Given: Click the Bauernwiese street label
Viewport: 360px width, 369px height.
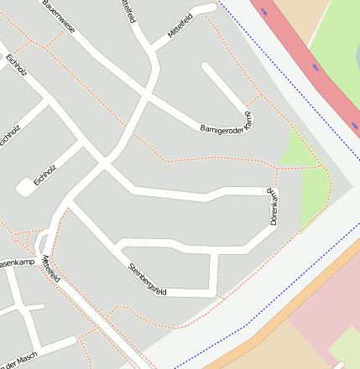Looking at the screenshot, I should click(59, 16).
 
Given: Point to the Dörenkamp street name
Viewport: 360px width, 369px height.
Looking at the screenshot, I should click(274, 206).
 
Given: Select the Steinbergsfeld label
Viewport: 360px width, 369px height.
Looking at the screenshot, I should click(148, 280).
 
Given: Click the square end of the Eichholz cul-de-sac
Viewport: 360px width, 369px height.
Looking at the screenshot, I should click(23, 188).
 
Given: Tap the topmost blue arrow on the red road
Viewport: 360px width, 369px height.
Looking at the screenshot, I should click(265, 12).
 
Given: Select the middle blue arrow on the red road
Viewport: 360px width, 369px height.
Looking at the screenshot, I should click(316, 66).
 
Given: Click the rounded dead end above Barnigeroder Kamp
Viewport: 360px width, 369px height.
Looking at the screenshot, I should click(206, 68).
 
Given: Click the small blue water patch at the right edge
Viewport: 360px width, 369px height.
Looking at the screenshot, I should click(356, 127).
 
